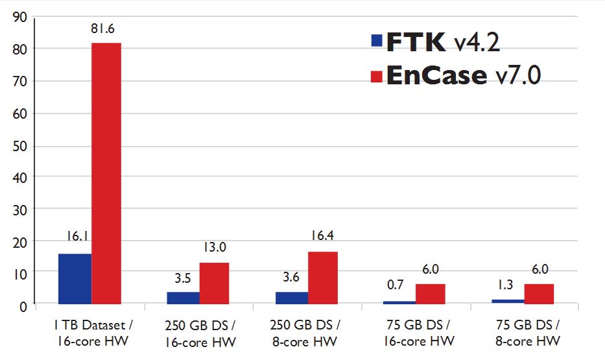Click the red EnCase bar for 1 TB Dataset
click(106, 173)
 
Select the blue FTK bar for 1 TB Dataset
click(75, 278)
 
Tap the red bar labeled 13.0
click(214, 283)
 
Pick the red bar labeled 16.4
click(322, 277)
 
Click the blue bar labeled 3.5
click(184, 297)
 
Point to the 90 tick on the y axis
click(19, 18)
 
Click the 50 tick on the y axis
click(19, 145)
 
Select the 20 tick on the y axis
click(19, 241)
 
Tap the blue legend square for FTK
click(376, 41)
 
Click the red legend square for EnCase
click(376, 76)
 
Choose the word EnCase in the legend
click(436, 75)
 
